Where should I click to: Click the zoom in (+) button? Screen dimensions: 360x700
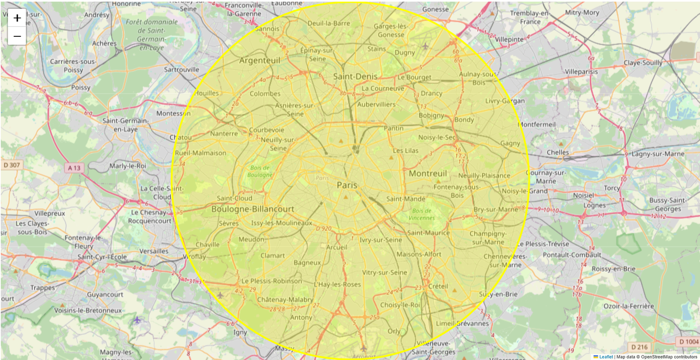coord(17,18)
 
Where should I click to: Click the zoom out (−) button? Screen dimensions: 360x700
coord(17,36)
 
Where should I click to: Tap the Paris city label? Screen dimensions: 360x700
coord(347,185)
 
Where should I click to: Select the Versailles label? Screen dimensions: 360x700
coord(154,251)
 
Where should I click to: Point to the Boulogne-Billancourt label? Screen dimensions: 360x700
coord(252,209)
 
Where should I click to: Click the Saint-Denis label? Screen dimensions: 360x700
coord(355,77)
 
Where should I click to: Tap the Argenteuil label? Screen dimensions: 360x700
coord(259,60)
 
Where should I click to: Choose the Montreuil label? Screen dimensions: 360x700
coord(427,174)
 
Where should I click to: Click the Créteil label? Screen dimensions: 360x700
coord(438,286)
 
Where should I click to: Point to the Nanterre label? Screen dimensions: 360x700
coord(224,133)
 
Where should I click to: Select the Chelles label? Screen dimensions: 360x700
coord(558,152)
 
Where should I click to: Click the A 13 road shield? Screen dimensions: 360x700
coord(74,168)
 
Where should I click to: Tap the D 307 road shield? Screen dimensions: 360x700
coord(12,165)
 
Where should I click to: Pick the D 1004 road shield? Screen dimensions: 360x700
coord(689,342)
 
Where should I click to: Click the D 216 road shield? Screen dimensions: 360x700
coord(639,347)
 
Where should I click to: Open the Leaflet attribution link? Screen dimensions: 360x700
coord(605,357)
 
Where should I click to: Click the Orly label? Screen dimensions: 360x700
coord(394,331)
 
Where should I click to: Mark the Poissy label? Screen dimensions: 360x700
coord(80,87)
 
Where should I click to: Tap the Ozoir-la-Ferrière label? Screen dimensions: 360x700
coord(629,306)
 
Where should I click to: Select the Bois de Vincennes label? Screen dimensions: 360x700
coord(422,214)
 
